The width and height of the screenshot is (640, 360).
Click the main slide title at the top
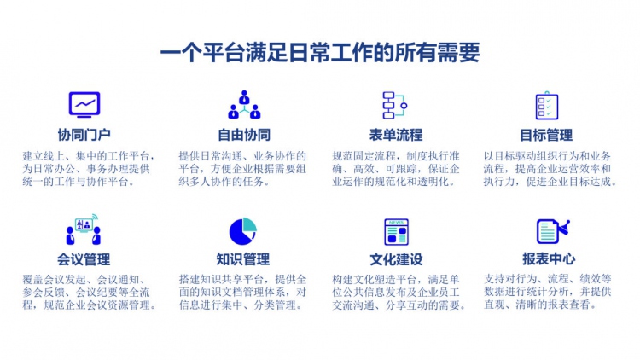(x=320, y=53)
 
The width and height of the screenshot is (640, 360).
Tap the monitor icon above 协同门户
(x=84, y=105)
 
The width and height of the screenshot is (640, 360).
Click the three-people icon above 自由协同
(x=244, y=105)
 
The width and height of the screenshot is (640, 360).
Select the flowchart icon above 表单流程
(x=395, y=105)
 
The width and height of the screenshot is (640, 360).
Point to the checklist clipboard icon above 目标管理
(x=547, y=105)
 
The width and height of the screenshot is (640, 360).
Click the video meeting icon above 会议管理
(x=84, y=229)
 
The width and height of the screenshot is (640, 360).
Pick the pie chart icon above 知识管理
(x=243, y=231)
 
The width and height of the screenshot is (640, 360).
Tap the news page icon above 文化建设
(x=396, y=232)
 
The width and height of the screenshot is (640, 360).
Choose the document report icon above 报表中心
(x=553, y=231)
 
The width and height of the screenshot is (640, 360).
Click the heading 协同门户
(x=84, y=135)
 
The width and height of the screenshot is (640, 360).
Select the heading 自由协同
(x=244, y=135)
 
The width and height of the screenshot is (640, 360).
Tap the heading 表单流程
(x=395, y=135)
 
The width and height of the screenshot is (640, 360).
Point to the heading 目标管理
(x=546, y=135)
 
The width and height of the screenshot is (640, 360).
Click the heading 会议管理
(x=84, y=259)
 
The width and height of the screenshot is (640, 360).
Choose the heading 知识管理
(x=243, y=259)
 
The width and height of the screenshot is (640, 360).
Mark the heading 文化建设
(x=396, y=259)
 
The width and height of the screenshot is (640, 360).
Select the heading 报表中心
(x=549, y=258)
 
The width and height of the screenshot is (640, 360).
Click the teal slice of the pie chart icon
(x=249, y=225)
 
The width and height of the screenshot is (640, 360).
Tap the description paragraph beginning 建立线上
(x=89, y=169)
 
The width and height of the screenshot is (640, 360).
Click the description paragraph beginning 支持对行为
(x=548, y=292)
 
